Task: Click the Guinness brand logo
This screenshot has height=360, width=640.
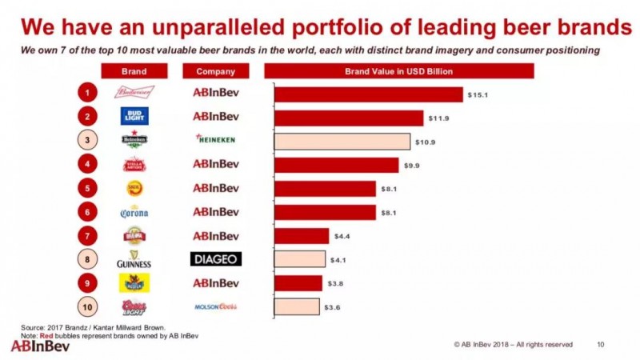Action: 134,260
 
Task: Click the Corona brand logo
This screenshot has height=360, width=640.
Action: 134,212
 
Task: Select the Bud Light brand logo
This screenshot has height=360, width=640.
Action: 134,117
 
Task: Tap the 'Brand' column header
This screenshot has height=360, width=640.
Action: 134,72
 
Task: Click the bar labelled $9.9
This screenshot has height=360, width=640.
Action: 336,165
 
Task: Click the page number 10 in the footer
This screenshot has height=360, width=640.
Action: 601,345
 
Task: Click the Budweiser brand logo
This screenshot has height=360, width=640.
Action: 134,93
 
